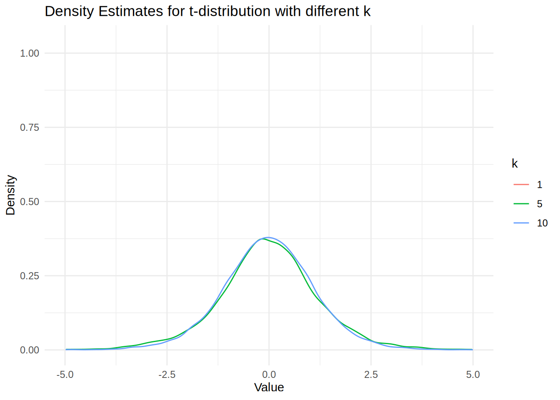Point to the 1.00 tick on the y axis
(x=30, y=53)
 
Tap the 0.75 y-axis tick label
(x=30, y=127)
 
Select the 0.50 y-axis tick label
(x=30, y=202)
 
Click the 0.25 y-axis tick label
(x=30, y=276)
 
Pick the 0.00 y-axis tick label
(x=30, y=350)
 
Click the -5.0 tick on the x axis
(x=65, y=375)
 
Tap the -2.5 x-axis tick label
(x=167, y=375)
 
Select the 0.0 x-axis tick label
(x=269, y=375)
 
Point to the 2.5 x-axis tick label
(x=371, y=375)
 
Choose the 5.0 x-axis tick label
(x=473, y=375)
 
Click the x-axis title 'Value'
(x=269, y=387)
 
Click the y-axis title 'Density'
(x=11, y=195)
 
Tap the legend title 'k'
(x=515, y=164)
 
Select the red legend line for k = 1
(x=521, y=185)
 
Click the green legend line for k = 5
(x=521, y=204)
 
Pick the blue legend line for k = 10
(x=521, y=223)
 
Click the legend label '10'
(x=542, y=223)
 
